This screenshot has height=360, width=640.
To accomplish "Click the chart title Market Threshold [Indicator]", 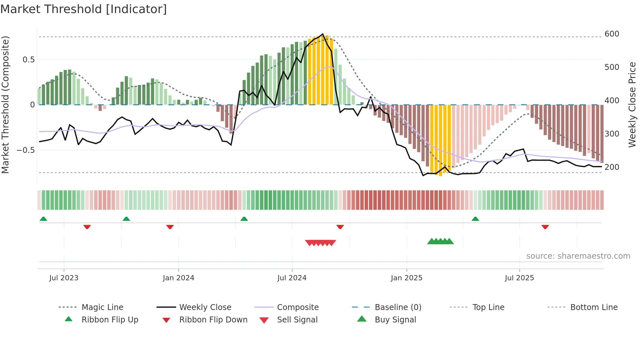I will tap(84, 9).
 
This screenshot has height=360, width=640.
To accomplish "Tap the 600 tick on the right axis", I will tap(612, 34).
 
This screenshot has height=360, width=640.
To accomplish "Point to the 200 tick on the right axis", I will tap(612, 167).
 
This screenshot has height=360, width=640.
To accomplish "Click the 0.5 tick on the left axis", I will tap(28, 60).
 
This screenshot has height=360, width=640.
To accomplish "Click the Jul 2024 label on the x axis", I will tap(292, 278).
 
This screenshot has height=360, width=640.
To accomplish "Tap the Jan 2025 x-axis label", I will tap(406, 278).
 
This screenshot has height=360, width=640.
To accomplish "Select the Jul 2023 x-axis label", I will tap(64, 278).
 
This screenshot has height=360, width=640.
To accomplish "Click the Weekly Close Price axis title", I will tap(632, 105).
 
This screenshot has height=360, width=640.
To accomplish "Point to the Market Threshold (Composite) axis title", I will tap(5, 105).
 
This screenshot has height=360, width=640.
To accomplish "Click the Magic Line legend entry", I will tap(102, 307).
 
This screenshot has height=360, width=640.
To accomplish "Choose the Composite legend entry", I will tap(297, 307).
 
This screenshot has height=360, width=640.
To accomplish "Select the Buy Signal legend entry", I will tap(395, 320).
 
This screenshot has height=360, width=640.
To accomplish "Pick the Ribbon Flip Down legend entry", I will tap(213, 320).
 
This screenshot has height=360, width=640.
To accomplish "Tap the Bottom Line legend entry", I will tap(594, 307).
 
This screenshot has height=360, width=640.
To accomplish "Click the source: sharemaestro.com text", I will tap(578, 256).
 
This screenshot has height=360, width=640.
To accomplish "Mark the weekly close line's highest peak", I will tap(323, 34).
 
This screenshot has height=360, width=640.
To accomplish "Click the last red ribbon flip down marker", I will tap(545, 227).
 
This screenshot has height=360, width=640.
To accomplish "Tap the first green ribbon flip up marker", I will tap(43, 219).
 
